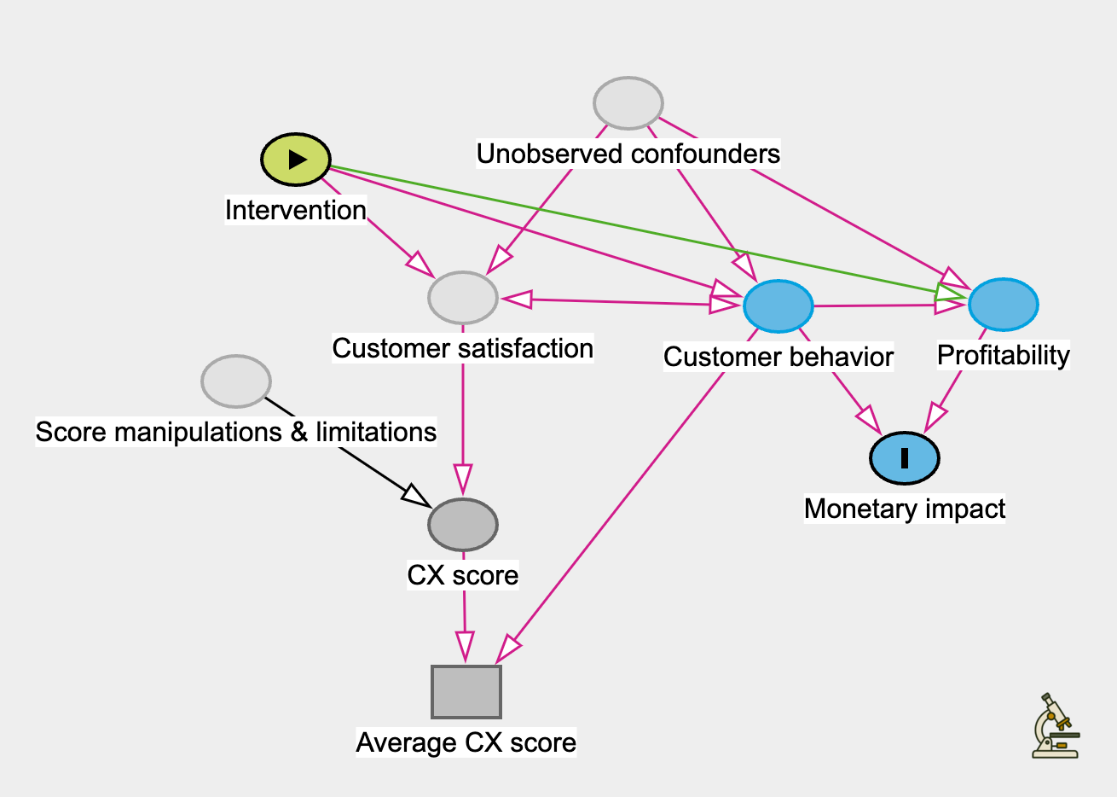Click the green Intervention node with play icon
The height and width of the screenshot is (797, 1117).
(x=295, y=160)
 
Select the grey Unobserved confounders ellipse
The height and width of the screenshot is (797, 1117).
(x=628, y=103)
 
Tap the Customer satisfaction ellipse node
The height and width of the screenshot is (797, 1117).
(x=462, y=298)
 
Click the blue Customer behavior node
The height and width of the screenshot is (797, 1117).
(x=778, y=305)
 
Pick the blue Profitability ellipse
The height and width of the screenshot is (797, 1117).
(x=1004, y=305)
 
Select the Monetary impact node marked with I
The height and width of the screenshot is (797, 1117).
(x=905, y=458)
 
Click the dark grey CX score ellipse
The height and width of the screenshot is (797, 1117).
(x=462, y=525)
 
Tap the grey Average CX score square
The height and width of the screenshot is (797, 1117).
(x=466, y=692)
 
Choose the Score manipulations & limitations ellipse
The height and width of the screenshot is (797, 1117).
(x=236, y=381)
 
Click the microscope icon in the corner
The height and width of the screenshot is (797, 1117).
(x=1056, y=726)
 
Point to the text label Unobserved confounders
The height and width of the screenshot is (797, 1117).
(x=628, y=154)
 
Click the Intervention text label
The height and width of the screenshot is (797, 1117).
(x=295, y=210)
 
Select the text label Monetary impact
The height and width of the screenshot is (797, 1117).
(x=905, y=509)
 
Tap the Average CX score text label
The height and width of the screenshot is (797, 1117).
(x=466, y=742)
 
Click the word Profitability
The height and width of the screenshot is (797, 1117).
(x=1004, y=355)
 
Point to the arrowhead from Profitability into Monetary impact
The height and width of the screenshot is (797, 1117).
(x=935, y=417)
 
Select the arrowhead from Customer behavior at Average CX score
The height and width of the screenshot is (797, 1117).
(x=507, y=649)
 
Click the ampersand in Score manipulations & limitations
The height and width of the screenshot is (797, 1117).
(x=298, y=432)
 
